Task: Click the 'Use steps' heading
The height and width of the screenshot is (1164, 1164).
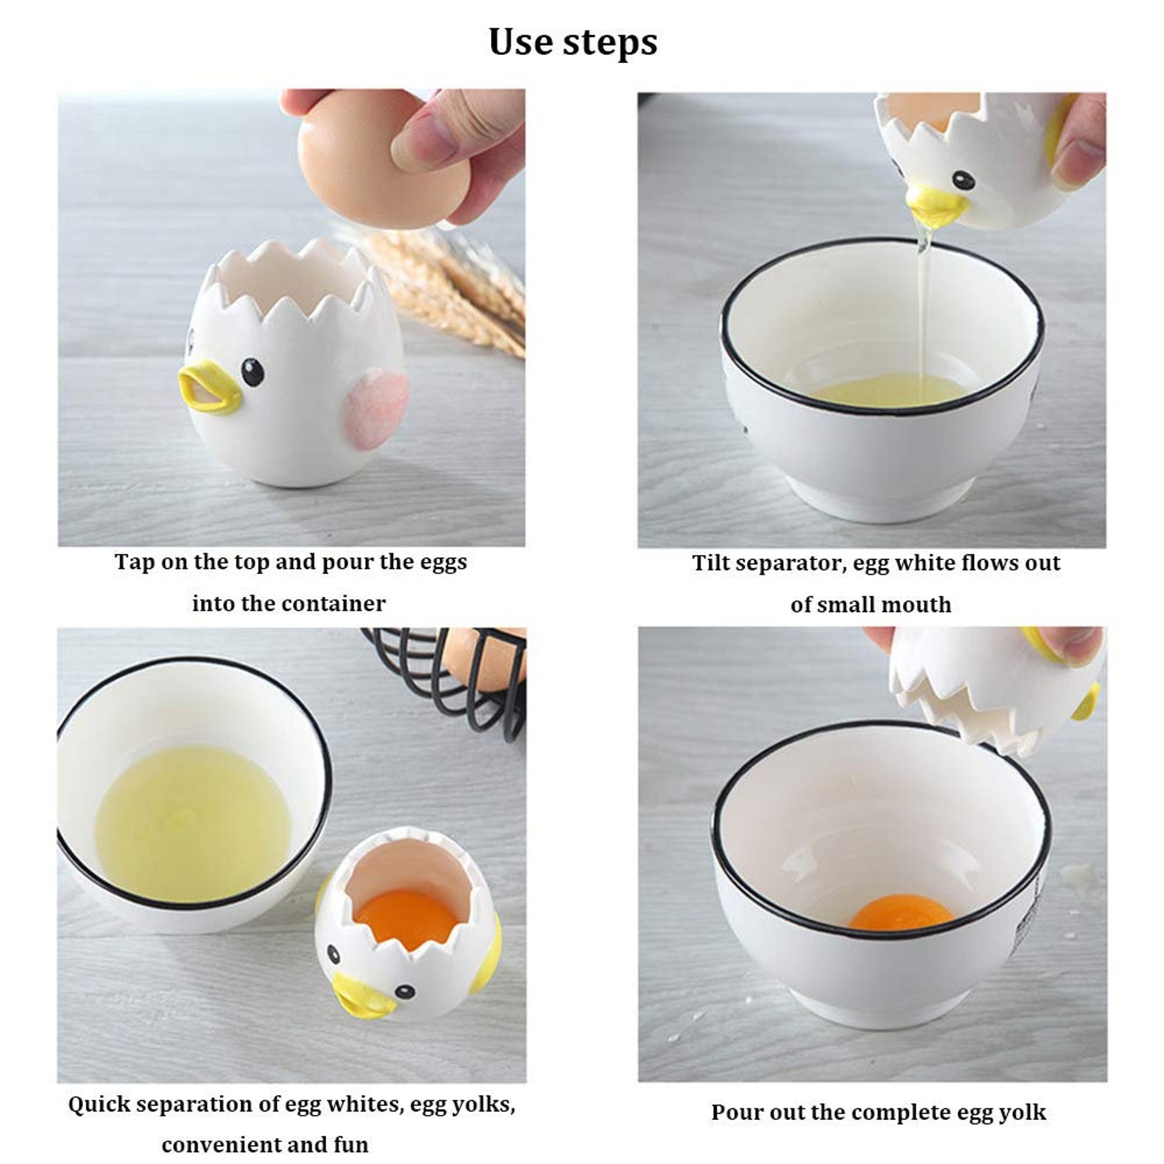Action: tap(572, 42)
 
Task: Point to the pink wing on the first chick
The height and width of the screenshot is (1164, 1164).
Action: tap(376, 408)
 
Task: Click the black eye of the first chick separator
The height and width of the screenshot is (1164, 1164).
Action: tap(252, 372)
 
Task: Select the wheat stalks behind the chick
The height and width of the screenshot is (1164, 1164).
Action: tap(454, 286)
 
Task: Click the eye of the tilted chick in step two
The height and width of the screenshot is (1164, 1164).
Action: tap(962, 180)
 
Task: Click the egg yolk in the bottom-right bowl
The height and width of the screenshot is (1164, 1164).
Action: tap(902, 913)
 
